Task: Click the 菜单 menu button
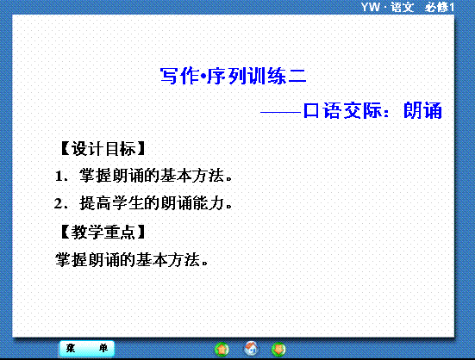pos(87,349)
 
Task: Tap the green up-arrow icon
pos(222,350)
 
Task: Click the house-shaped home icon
pos(251,349)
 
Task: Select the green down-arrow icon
pos(278,350)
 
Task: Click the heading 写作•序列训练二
pos(233,76)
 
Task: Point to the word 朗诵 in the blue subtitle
pos(422,110)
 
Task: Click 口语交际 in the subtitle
pos(342,110)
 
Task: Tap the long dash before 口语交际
pos(280,112)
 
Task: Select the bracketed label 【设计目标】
pos(103,148)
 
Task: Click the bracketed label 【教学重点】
pos(103,233)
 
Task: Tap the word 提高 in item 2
pos(95,203)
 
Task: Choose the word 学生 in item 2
pos(128,203)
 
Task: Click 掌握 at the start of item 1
pos(95,176)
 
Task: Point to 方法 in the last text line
pos(184,260)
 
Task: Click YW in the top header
pos(370,7)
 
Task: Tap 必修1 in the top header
pos(440,7)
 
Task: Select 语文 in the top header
pos(402,7)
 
